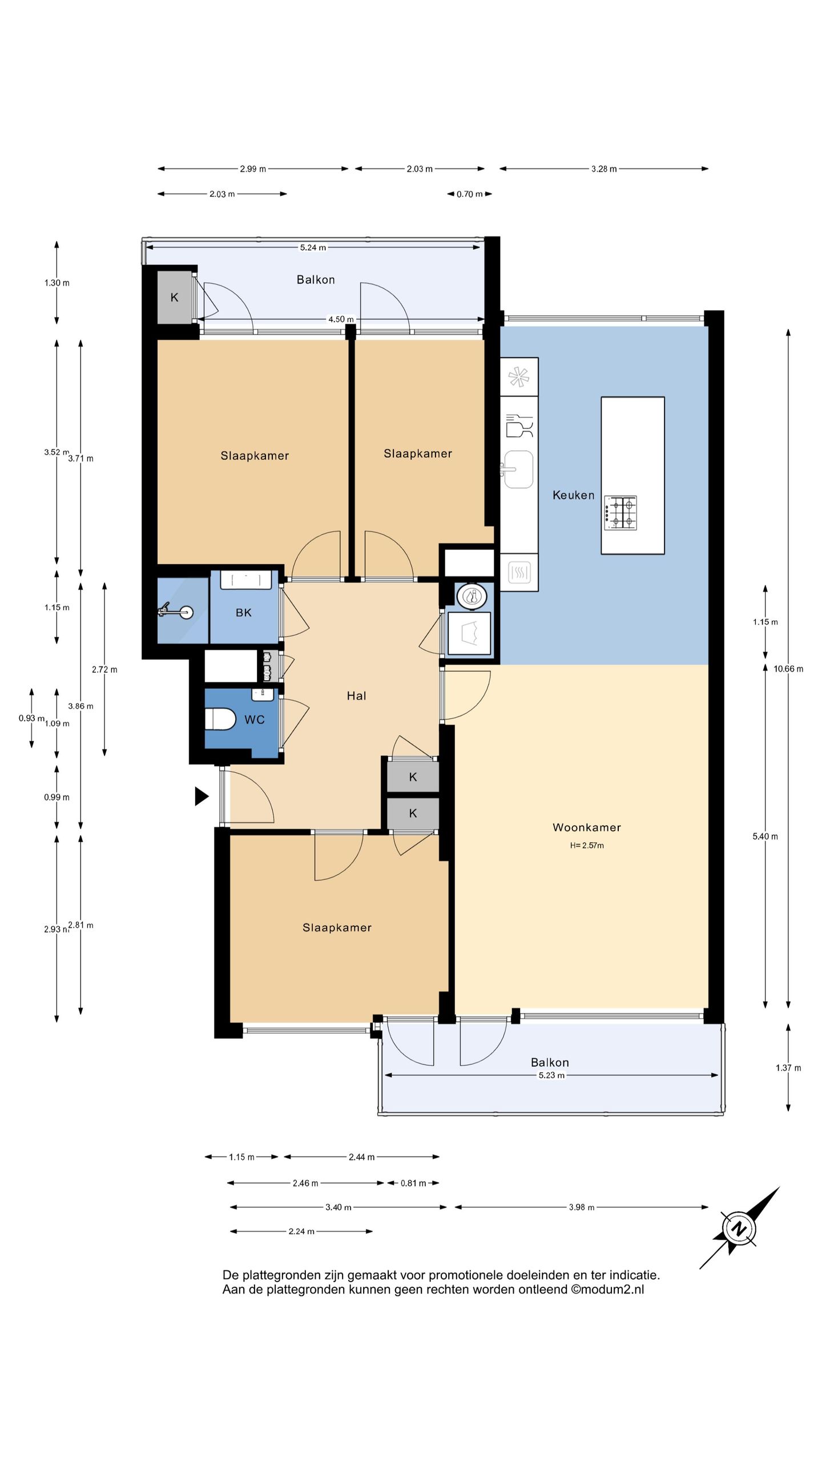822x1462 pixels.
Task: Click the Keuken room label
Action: [573, 495]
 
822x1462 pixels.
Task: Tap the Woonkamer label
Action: [586, 827]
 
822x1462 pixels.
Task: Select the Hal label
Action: [356, 696]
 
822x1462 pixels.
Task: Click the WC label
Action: [255, 720]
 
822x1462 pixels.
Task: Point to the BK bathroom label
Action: [244, 613]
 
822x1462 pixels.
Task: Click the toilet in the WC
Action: [220, 719]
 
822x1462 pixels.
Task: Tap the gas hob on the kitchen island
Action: [621, 513]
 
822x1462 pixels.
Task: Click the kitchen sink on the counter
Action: [518, 469]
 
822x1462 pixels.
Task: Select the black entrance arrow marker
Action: [202, 796]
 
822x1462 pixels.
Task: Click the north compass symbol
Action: [739, 1228]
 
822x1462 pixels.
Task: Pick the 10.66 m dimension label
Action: [788, 669]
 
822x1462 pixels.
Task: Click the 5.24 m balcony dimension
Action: [313, 247]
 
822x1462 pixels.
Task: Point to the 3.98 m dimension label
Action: [582, 1207]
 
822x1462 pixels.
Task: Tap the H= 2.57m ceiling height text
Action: [586, 845]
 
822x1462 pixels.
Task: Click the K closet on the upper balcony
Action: [175, 297]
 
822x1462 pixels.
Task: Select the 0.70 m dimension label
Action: [469, 194]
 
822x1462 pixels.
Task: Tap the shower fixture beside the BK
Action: [175, 612]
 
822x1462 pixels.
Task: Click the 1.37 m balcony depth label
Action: [788, 1068]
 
